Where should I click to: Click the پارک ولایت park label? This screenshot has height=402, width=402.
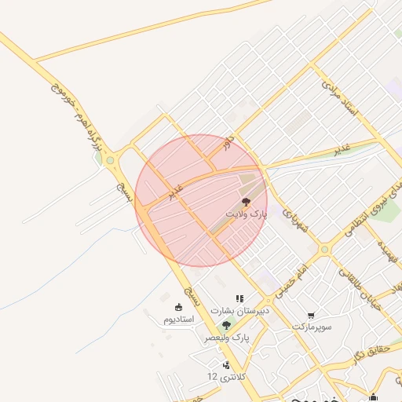pyautogui.click(x=247, y=214)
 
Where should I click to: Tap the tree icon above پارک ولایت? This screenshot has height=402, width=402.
pyautogui.click(x=247, y=202)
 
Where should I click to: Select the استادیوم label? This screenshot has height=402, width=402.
pyautogui.click(x=177, y=320)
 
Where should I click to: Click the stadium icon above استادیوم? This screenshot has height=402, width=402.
pyautogui.click(x=178, y=307)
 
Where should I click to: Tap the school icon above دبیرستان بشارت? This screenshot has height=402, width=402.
pyautogui.click(x=239, y=299)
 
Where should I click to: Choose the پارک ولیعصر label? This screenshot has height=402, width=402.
pyautogui.click(x=227, y=337)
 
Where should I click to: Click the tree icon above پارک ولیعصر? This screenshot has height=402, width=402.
pyautogui.click(x=227, y=325)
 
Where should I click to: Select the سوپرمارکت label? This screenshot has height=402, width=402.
pyautogui.click(x=312, y=325)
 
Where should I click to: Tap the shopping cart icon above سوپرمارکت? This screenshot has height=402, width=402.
pyautogui.click(x=312, y=314)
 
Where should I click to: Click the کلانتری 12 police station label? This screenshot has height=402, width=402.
pyautogui.click(x=223, y=377)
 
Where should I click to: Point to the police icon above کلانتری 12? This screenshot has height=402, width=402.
pyautogui.click(x=227, y=365)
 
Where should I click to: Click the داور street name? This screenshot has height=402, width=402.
pyautogui.click(x=227, y=142)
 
